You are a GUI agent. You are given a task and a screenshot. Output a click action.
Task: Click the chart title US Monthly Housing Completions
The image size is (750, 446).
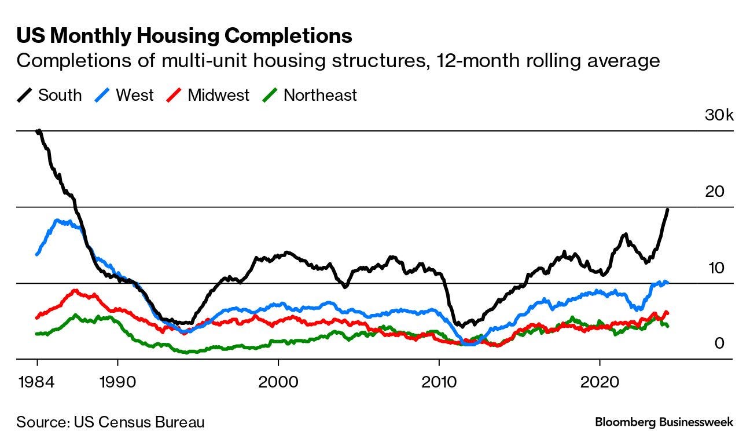184,36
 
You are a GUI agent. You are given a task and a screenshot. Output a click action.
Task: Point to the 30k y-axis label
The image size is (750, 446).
718,115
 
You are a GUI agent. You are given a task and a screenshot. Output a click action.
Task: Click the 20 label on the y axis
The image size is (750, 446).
717,192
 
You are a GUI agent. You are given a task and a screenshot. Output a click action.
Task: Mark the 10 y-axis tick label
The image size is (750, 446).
717,268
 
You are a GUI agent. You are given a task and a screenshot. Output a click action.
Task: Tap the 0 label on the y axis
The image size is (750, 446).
719,344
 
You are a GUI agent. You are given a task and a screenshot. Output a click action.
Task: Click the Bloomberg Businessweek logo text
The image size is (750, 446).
664,422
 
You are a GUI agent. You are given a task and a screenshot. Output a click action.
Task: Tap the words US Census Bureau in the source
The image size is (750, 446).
139,422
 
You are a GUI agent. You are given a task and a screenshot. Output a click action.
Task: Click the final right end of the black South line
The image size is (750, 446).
668,209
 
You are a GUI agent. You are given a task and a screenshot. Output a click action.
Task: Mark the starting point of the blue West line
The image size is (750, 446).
37,254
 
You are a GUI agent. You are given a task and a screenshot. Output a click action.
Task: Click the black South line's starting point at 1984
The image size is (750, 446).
38,131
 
